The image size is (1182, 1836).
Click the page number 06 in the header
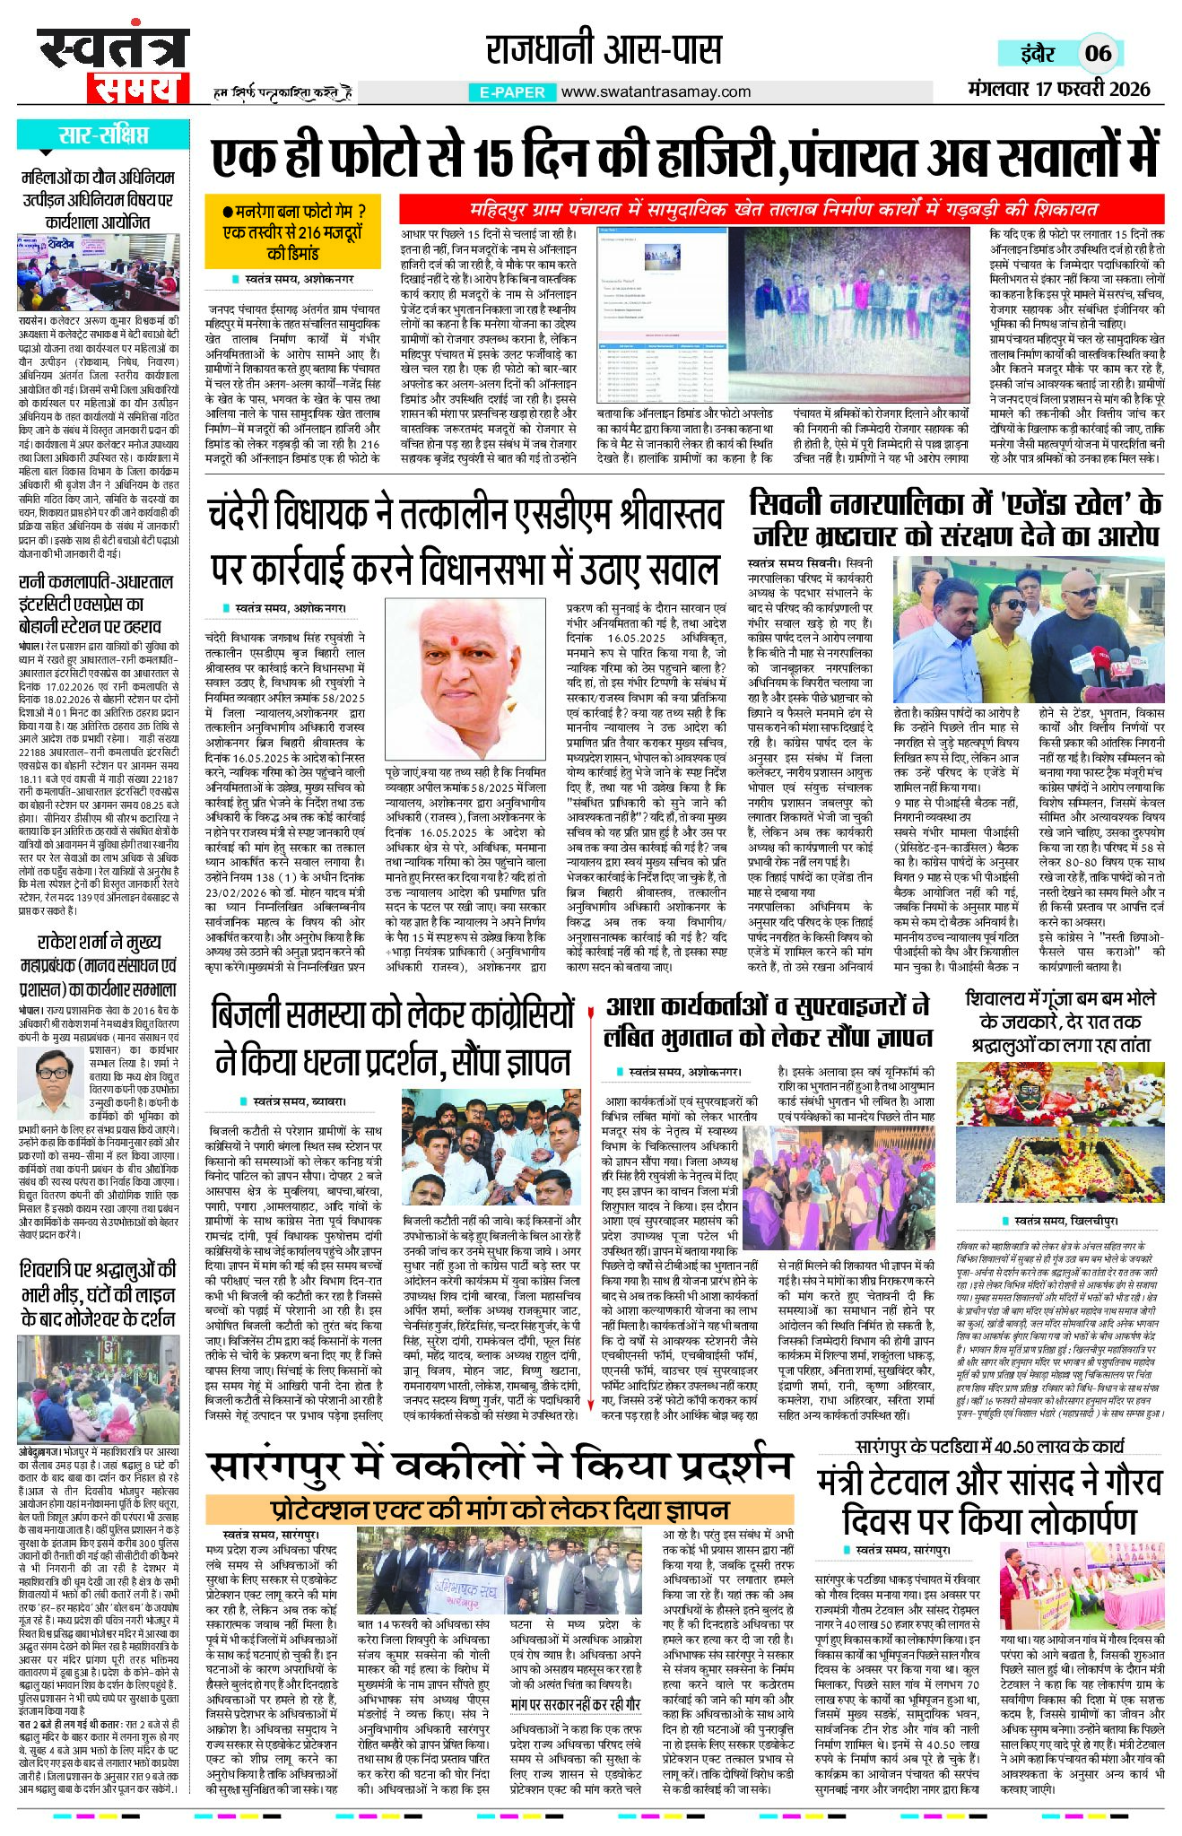(x=1098, y=53)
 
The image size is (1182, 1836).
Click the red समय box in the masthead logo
(x=138, y=88)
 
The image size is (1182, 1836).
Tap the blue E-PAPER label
(x=512, y=91)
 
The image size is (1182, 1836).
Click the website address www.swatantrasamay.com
(x=656, y=91)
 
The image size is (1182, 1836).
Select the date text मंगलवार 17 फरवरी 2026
(x=1058, y=90)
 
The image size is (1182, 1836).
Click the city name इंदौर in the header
(x=1038, y=53)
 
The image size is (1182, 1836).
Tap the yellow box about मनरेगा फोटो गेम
(x=292, y=231)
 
